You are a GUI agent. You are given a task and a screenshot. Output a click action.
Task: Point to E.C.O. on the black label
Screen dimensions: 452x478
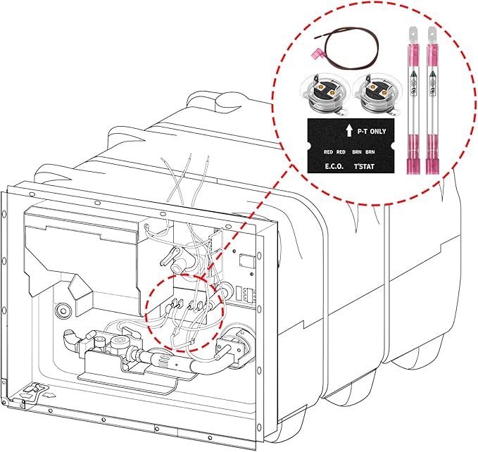tap(333, 167)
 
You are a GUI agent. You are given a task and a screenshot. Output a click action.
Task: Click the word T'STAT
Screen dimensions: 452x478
tap(365, 167)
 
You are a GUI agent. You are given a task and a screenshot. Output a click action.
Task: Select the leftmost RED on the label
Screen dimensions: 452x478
tap(327, 152)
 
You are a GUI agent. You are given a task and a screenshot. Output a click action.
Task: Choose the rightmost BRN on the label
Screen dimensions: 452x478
tap(370, 152)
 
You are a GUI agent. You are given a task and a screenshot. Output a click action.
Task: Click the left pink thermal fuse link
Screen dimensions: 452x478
tap(412, 106)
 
